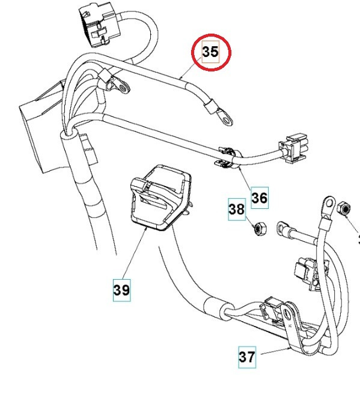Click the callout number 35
point(210,52)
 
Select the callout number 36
point(259,197)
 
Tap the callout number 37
point(247,357)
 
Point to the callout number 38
point(236,209)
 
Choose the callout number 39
point(121,290)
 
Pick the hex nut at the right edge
point(345,208)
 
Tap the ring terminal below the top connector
point(123,88)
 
